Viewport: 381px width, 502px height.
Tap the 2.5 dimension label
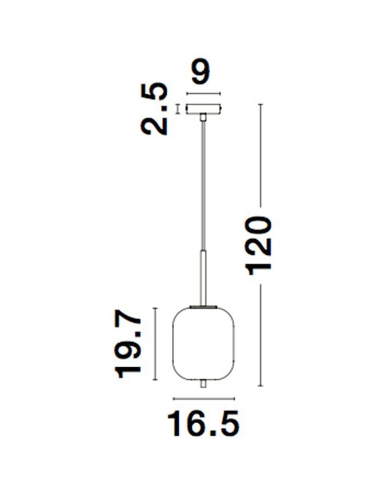(156, 109)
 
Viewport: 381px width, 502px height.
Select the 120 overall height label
(259, 246)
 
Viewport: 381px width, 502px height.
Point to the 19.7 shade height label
(129, 346)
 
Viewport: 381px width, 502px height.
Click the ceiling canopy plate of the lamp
(203, 108)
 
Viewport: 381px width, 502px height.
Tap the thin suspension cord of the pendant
(203, 183)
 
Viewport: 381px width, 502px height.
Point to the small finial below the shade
(203, 385)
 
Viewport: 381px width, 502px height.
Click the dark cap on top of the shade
(203, 306)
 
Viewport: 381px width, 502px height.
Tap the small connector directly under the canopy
(203, 117)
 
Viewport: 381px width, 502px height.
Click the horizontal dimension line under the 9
(203, 94)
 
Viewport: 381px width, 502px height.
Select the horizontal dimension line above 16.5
(203, 398)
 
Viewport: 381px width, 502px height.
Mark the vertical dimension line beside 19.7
(155, 346)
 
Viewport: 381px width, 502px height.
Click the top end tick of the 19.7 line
(155, 308)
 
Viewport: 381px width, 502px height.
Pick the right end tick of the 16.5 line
(234, 398)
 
